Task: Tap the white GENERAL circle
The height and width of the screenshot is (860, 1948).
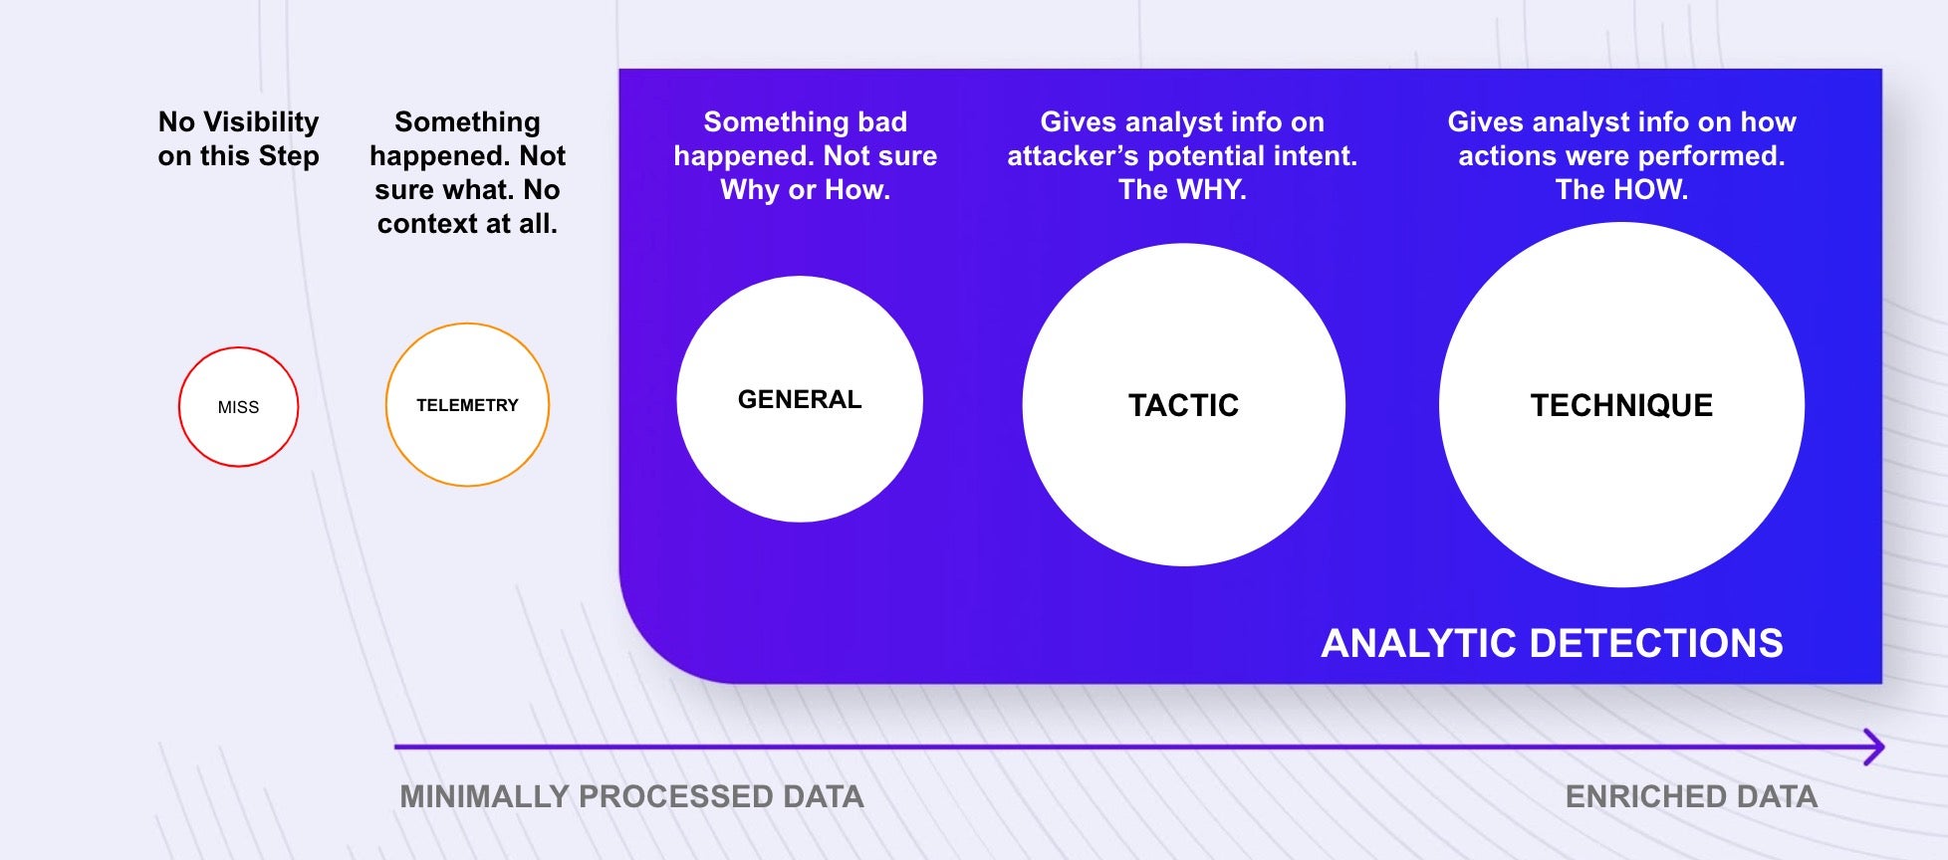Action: [800, 399]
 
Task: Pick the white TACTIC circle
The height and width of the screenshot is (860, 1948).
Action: [1184, 405]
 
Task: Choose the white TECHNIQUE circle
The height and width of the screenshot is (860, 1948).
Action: [1621, 405]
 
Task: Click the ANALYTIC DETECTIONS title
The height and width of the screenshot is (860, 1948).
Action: [1552, 643]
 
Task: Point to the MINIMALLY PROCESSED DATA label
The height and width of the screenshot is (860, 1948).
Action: [631, 796]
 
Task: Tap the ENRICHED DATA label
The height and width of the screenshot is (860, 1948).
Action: [1691, 796]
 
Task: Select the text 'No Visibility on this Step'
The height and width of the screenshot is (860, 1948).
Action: [238, 138]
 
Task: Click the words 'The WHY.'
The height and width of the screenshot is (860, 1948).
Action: [1182, 189]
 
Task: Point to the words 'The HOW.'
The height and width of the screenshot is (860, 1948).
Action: [1621, 189]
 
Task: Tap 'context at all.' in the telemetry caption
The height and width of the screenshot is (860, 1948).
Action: [467, 223]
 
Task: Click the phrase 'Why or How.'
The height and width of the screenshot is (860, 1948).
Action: [805, 189]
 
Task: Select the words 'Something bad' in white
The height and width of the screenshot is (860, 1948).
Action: [805, 121]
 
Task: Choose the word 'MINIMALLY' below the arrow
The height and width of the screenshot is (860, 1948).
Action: [484, 796]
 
